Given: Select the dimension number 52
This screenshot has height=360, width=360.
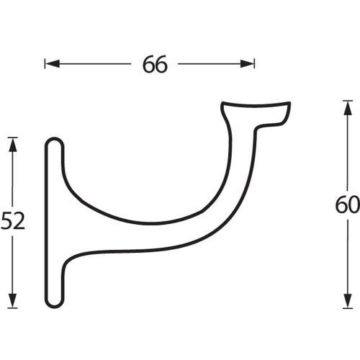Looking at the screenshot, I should pyautogui.click(x=13, y=221).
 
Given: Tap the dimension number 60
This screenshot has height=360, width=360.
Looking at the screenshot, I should pyautogui.click(x=347, y=206).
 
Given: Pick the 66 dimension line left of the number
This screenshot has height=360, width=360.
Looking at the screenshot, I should pyautogui.click(x=94, y=64).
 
